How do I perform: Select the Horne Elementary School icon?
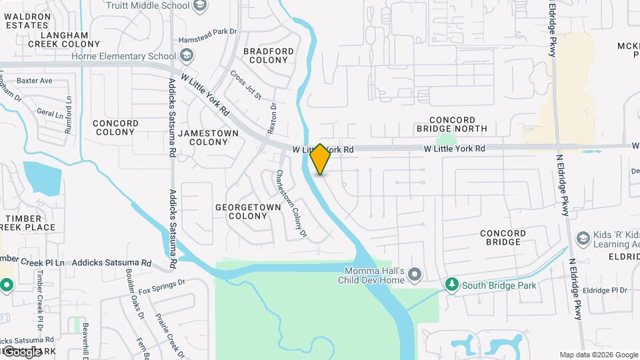187,56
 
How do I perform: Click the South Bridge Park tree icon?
452,285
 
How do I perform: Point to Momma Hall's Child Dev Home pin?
415,275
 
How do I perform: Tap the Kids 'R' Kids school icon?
583,239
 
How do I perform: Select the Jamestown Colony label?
209,138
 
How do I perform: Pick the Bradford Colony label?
269,55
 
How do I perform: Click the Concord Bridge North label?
451,124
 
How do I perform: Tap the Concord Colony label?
116,127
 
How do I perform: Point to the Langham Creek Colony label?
64,39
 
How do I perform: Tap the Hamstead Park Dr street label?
213,31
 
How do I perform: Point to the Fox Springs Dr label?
161,287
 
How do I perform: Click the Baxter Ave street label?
35,81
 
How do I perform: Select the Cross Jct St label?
246,85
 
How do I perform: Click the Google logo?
22,351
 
